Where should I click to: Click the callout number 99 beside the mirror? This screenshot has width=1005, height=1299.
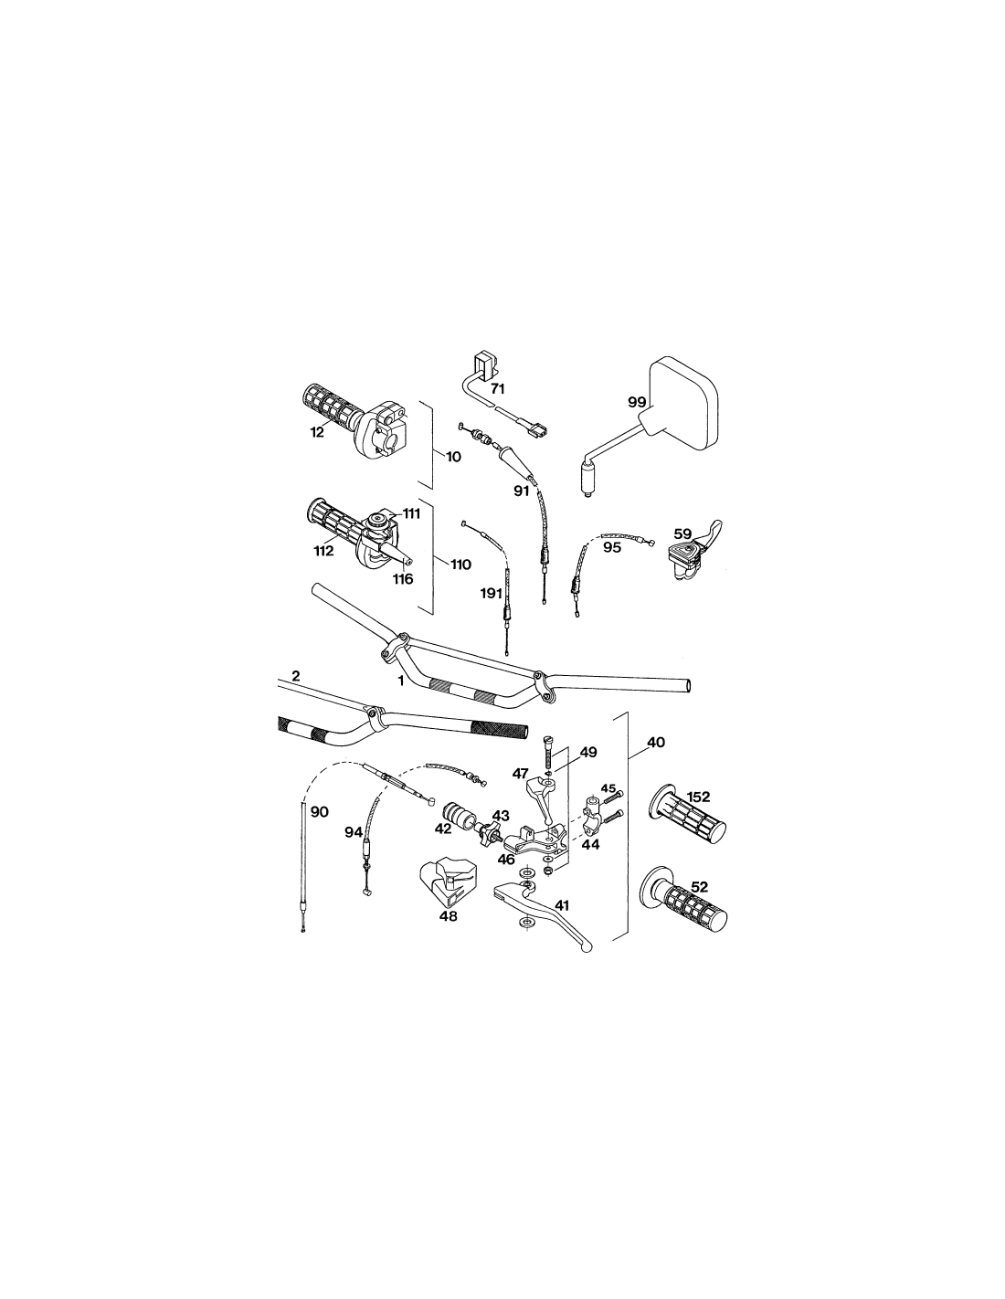[x=637, y=402]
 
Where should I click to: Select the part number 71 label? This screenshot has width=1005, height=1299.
[x=497, y=389]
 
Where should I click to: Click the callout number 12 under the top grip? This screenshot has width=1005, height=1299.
[x=317, y=431]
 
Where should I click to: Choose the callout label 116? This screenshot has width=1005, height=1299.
[x=403, y=578]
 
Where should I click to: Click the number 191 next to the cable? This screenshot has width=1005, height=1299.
[x=491, y=593]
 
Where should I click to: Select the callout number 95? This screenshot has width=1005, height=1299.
[x=611, y=547]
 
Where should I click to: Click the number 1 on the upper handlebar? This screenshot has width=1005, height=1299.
[x=401, y=681]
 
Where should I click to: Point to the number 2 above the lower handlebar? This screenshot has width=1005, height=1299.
[x=295, y=676]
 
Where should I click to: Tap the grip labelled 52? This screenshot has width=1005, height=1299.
[x=683, y=901]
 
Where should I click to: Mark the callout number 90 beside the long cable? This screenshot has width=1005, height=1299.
[x=320, y=812]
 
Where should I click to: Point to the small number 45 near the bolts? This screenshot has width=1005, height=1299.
[x=608, y=787]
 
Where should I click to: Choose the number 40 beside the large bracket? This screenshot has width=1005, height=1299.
[x=656, y=743]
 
